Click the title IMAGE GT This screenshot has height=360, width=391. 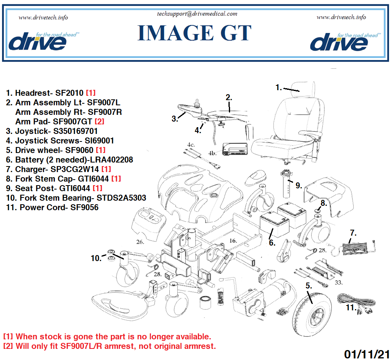coord(194,33)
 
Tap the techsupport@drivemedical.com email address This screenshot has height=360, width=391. coord(197,14)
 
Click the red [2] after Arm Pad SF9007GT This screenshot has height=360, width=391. coord(99,122)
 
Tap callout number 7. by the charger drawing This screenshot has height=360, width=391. coord(353,232)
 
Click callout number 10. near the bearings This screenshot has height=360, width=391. coord(96,258)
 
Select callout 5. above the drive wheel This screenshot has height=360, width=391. coord(309,285)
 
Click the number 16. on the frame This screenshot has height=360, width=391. coord(233,240)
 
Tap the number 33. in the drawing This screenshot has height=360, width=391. coord(339,283)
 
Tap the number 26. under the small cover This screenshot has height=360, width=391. coord(139,242)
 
